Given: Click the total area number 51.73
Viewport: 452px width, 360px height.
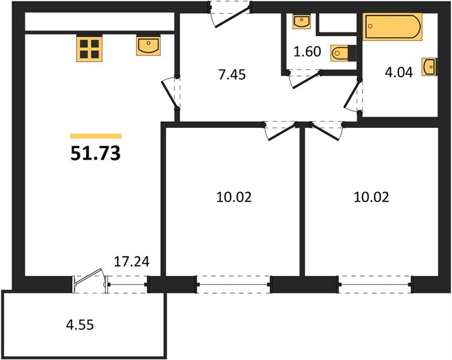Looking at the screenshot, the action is (95, 154).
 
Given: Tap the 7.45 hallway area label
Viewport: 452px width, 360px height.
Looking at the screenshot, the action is (232, 74).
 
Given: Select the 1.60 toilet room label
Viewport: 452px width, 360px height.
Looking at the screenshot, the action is (307, 52).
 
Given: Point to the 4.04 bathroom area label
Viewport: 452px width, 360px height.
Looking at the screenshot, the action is (399, 73).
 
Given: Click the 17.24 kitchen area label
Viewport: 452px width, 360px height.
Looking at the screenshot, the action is (131, 262).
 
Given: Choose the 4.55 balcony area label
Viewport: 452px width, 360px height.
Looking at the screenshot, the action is (80, 325).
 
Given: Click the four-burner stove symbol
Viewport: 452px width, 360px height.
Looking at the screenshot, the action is (89, 48).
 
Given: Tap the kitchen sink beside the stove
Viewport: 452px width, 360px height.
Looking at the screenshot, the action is (148, 45).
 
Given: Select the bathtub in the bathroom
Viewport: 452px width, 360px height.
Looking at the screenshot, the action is (393, 26).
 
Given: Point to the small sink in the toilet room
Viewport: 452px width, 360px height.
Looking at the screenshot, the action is (302, 22).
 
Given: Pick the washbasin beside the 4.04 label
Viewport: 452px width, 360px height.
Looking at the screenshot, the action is (429, 67).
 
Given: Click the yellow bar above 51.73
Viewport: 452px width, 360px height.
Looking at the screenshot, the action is (95, 136).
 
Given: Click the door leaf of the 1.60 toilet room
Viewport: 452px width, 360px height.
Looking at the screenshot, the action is (306, 80).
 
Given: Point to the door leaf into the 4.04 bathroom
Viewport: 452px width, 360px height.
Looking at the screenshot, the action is (352, 94).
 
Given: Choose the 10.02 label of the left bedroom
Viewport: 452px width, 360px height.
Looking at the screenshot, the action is (234, 197).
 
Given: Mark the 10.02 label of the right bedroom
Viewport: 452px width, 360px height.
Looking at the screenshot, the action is (372, 197).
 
